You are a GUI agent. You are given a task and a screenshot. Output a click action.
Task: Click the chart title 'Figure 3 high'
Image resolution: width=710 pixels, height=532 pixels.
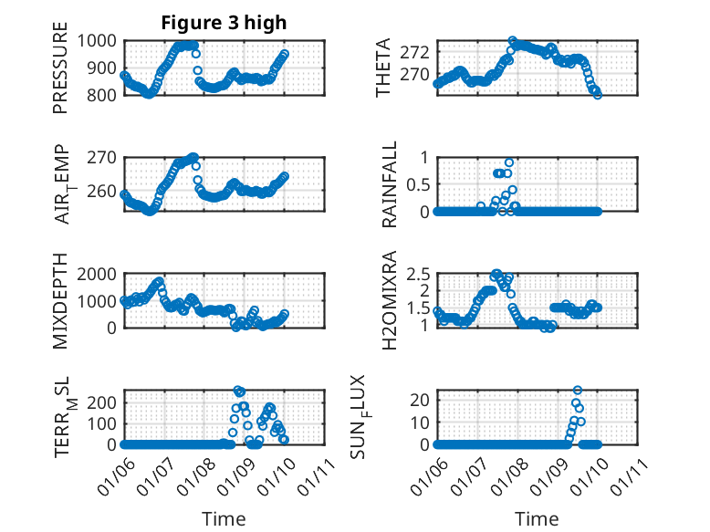pyautogui.click(x=224, y=23)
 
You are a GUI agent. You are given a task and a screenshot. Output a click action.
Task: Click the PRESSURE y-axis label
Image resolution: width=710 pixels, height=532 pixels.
pyautogui.click(x=60, y=74)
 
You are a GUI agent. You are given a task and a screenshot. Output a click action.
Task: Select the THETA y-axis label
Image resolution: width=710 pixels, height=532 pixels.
pyautogui.click(x=383, y=68)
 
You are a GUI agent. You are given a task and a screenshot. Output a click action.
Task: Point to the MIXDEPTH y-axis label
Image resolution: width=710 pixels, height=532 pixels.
pyautogui.click(x=60, y=299)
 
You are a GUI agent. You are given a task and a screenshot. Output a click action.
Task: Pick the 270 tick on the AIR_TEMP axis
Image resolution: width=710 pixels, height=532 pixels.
pyautogui.click(x=101, y=157)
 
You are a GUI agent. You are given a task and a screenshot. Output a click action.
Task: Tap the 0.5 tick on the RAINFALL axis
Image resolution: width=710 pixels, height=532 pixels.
pyautogui.click(x=418, y=184)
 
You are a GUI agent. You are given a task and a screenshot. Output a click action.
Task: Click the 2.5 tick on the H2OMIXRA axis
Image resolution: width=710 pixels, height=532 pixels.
pyautogui.click(x=418, y=274)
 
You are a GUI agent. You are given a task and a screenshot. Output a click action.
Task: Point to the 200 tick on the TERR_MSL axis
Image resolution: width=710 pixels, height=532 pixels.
pyautogui.click(x=101, y=402)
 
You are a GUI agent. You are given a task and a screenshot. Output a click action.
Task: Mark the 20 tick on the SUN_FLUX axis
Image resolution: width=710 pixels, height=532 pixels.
pyautogui.click(x=419, y=399)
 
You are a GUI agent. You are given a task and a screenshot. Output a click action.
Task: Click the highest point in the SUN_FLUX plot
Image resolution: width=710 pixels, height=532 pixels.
pyautogui.click(x=577, y=391)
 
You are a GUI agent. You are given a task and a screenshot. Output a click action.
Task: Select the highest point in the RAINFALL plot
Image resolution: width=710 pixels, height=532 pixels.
pyautogui.click(x=509, y=162)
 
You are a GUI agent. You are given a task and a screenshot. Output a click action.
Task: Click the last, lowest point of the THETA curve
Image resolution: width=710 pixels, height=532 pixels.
pyautogui.click(x=598, y=94)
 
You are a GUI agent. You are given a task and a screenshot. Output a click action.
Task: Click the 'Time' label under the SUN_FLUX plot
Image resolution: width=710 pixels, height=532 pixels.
pyautogui.click(x=536, y=519)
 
